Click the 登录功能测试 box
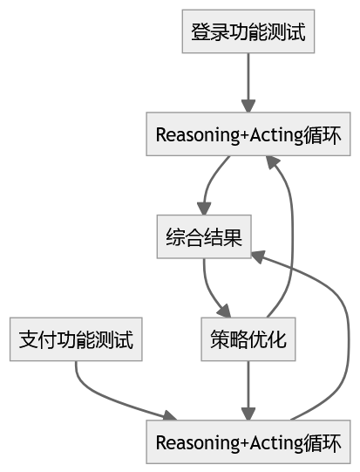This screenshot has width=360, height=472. [248, 33]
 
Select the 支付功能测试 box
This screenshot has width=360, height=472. [76, 340]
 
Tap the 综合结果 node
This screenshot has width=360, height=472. [204, 237]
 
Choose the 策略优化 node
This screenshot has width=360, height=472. [248, 340]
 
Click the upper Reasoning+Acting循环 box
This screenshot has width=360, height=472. [248, 135]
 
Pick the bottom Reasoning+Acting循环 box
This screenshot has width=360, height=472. [248, 442]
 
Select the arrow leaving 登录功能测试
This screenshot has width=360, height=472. [248, 83]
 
